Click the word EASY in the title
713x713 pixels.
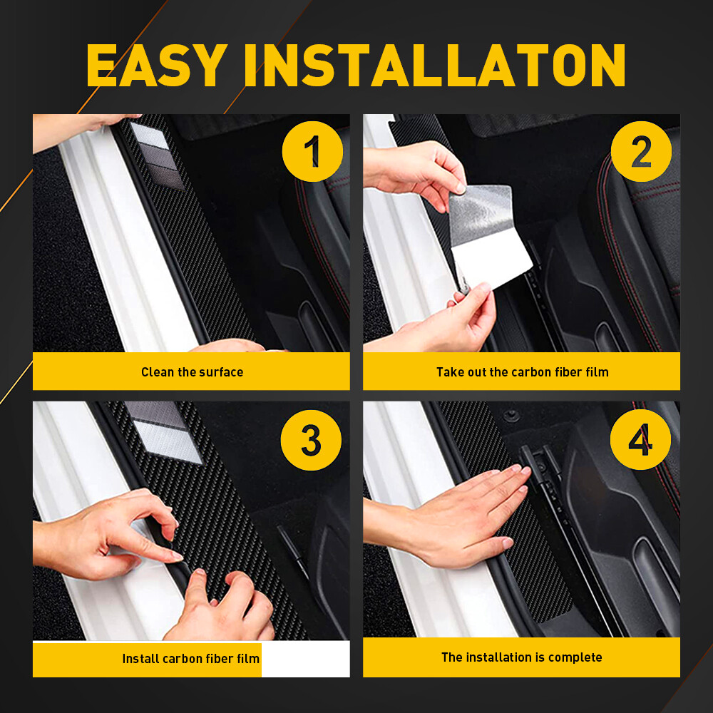point(157,65)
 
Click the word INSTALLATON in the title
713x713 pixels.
point(435,65)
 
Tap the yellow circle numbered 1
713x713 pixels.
point(312,151)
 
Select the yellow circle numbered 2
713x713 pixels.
point(641,151)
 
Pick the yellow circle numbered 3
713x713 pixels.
point(311,440)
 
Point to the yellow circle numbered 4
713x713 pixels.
point(640,440)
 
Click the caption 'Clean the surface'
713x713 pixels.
point(192,372)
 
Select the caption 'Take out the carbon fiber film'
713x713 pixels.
point(523,372)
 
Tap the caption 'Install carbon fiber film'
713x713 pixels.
point(190,658)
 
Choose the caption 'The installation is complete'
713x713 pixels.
point(522,657)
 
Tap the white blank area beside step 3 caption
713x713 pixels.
point(306,659)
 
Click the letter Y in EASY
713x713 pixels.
point(209,65)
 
